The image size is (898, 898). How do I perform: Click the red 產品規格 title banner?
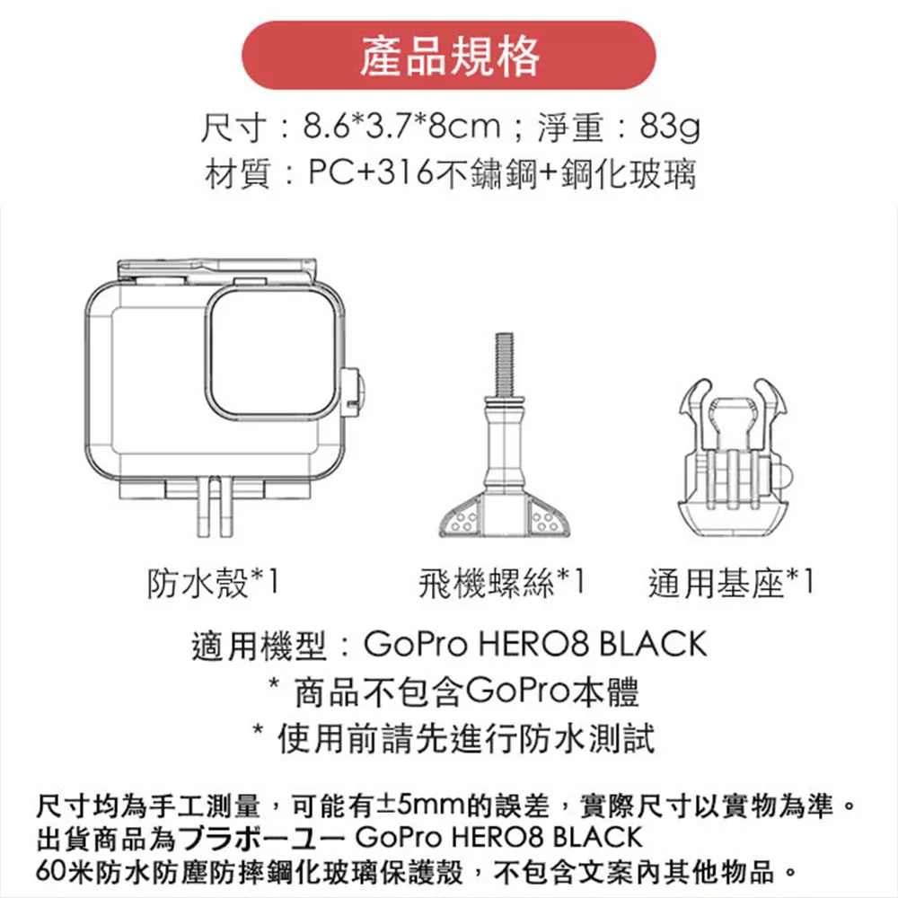click(448, 55)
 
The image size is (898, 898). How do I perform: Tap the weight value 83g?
click(669, 127)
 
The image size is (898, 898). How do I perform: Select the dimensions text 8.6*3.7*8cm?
click(401, 126)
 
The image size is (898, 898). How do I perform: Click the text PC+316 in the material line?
click(371, 172)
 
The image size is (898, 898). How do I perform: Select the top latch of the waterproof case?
click(216, 270)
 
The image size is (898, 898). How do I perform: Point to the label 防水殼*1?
click(213, 583)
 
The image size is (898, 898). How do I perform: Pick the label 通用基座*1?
click(731, 583)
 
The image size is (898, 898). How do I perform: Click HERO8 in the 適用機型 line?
click(533, 644)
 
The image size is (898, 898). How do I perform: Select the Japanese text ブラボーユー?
click(261, 838)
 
